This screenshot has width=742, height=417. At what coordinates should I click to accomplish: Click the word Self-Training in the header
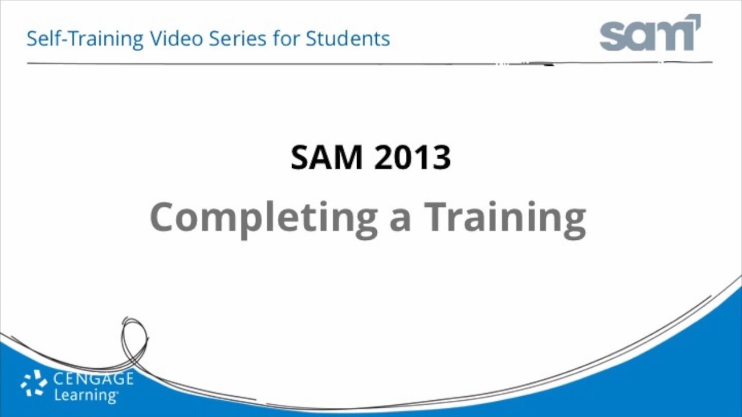[x=85, y=39]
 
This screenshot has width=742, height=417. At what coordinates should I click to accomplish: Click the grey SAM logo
[x=649, y=35]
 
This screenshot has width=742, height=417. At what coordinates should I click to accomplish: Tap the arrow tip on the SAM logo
[x=696, y=19]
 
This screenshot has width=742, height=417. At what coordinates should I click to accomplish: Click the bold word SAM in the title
[x=326, y=157]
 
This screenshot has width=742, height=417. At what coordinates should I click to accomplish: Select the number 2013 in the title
[x=412, y=157]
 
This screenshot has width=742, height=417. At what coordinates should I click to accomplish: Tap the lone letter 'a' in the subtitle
[x=400, y=220]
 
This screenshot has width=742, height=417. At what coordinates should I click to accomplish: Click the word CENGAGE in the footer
[x=93, y=380]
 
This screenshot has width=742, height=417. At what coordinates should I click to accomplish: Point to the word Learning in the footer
[x=85, y=396]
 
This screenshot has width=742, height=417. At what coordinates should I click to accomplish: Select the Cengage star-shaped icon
[x=34, y=383]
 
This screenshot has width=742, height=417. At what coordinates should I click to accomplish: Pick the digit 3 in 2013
[x=441, y=158]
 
